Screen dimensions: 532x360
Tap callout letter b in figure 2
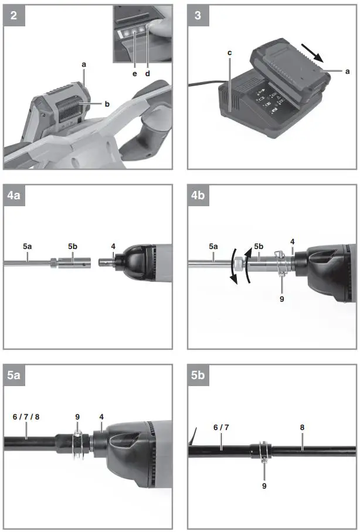click(x=107, y=104)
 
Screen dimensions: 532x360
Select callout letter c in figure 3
click(x=230, y=53)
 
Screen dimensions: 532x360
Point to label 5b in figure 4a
click(x=72, y=247)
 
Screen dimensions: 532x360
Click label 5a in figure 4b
click(x=213, y=247)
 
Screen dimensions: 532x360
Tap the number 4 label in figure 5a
click(x=101, y=417)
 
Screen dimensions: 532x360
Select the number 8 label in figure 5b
click(x=303, y=428)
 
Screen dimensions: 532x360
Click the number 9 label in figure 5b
click(x=264, y=485)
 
